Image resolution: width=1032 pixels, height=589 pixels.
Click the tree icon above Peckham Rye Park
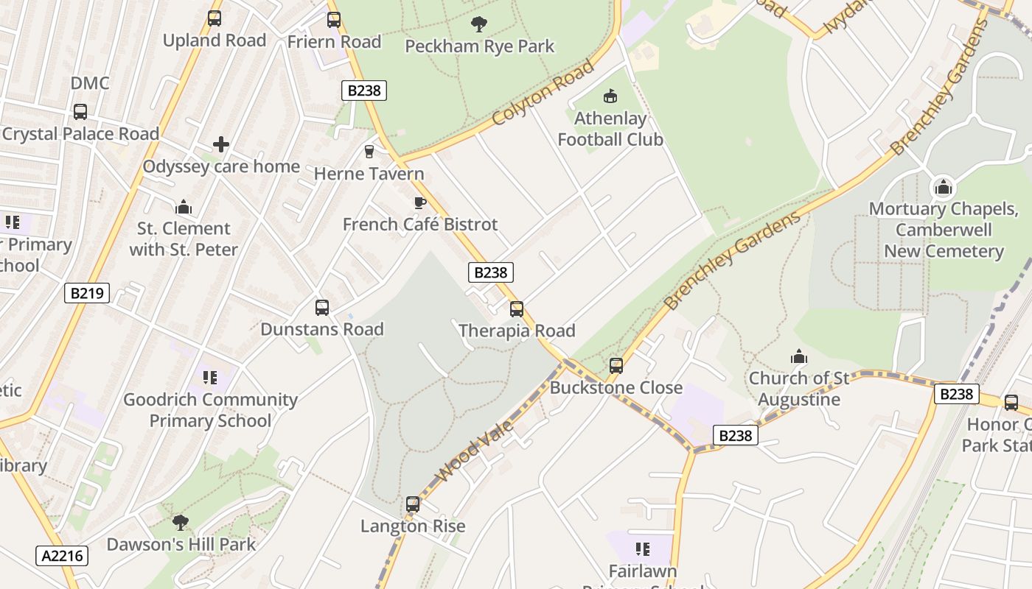479,24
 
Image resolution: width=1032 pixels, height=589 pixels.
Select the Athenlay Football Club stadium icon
610,96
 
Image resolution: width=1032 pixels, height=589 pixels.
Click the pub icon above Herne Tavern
369,152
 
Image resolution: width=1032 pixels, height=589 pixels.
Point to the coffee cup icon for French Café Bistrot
420,202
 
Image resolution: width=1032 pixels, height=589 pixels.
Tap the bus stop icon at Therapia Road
517,309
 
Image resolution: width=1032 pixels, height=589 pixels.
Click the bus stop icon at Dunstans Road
322,308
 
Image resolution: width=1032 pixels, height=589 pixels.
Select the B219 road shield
87,293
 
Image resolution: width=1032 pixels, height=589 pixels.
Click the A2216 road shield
61,555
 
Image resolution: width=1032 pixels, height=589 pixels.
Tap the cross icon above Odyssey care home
221,144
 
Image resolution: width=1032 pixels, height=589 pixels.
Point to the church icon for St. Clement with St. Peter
184,207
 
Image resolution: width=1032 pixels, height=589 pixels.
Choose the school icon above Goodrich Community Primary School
210,378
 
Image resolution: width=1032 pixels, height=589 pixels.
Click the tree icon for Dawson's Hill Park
181,523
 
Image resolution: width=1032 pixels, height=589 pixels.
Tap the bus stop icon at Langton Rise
413,504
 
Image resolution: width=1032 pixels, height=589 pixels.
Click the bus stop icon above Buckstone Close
616,366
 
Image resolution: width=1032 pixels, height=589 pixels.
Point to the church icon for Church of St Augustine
799,357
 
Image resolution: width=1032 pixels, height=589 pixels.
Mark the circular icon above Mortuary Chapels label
943,187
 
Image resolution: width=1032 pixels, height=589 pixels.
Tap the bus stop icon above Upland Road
215,18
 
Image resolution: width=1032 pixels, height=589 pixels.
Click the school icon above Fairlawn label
643,549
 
